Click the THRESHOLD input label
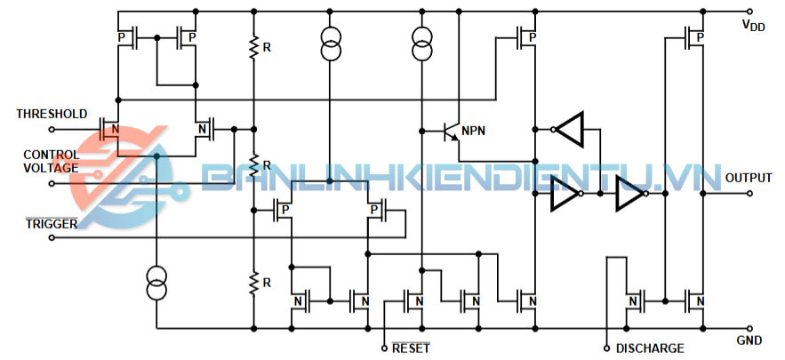click(x=52, y=114)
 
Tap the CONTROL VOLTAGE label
click(x=51, y=161)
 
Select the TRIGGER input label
click(x=51, y=223)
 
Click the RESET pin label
click(x=411, y=348)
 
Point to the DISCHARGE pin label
click(x=650, y=348)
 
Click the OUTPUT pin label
click(x=749, y=178)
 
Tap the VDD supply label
click(x=753, y=26)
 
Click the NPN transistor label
click(x=474, y=132)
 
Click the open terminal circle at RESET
click(x=384, y=347)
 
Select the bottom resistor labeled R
click(x=254, y=283)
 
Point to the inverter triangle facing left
click(x=570, y=130)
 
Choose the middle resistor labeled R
click(x=254, y=165)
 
